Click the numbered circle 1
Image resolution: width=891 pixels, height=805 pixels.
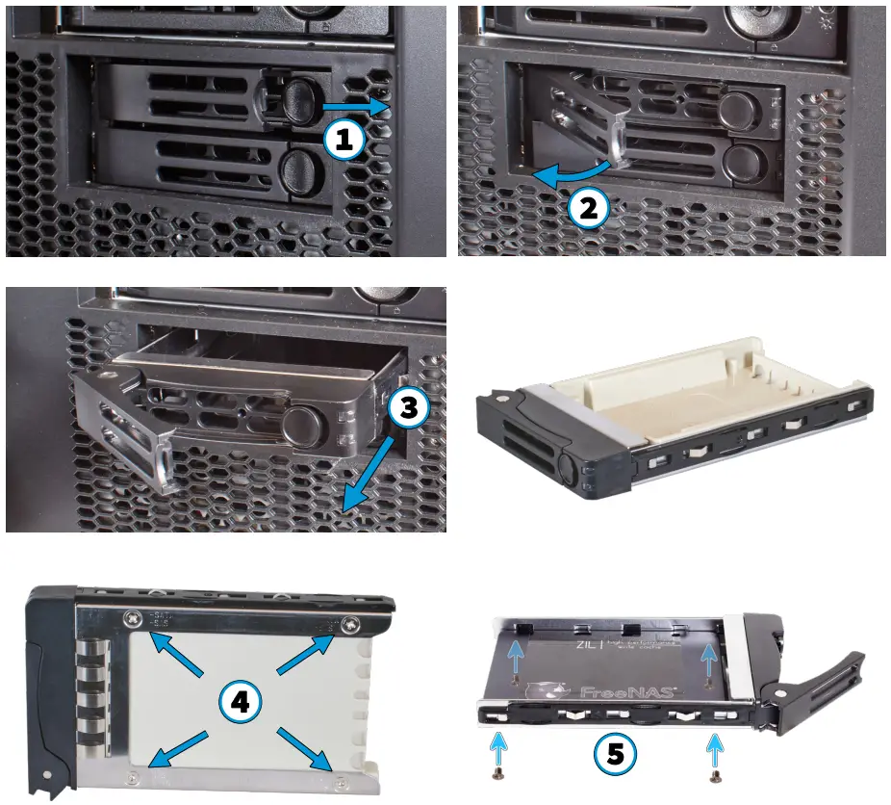[344, 140]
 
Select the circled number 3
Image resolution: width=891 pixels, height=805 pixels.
[408, 408]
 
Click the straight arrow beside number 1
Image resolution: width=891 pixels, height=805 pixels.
[354, 103]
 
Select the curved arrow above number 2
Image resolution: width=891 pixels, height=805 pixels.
[572, 173]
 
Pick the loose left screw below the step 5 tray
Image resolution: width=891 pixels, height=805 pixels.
[496, 773]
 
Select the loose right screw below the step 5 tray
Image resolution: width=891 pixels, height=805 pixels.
[714, 774]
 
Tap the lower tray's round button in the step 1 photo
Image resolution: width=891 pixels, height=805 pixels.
[299, 170]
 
